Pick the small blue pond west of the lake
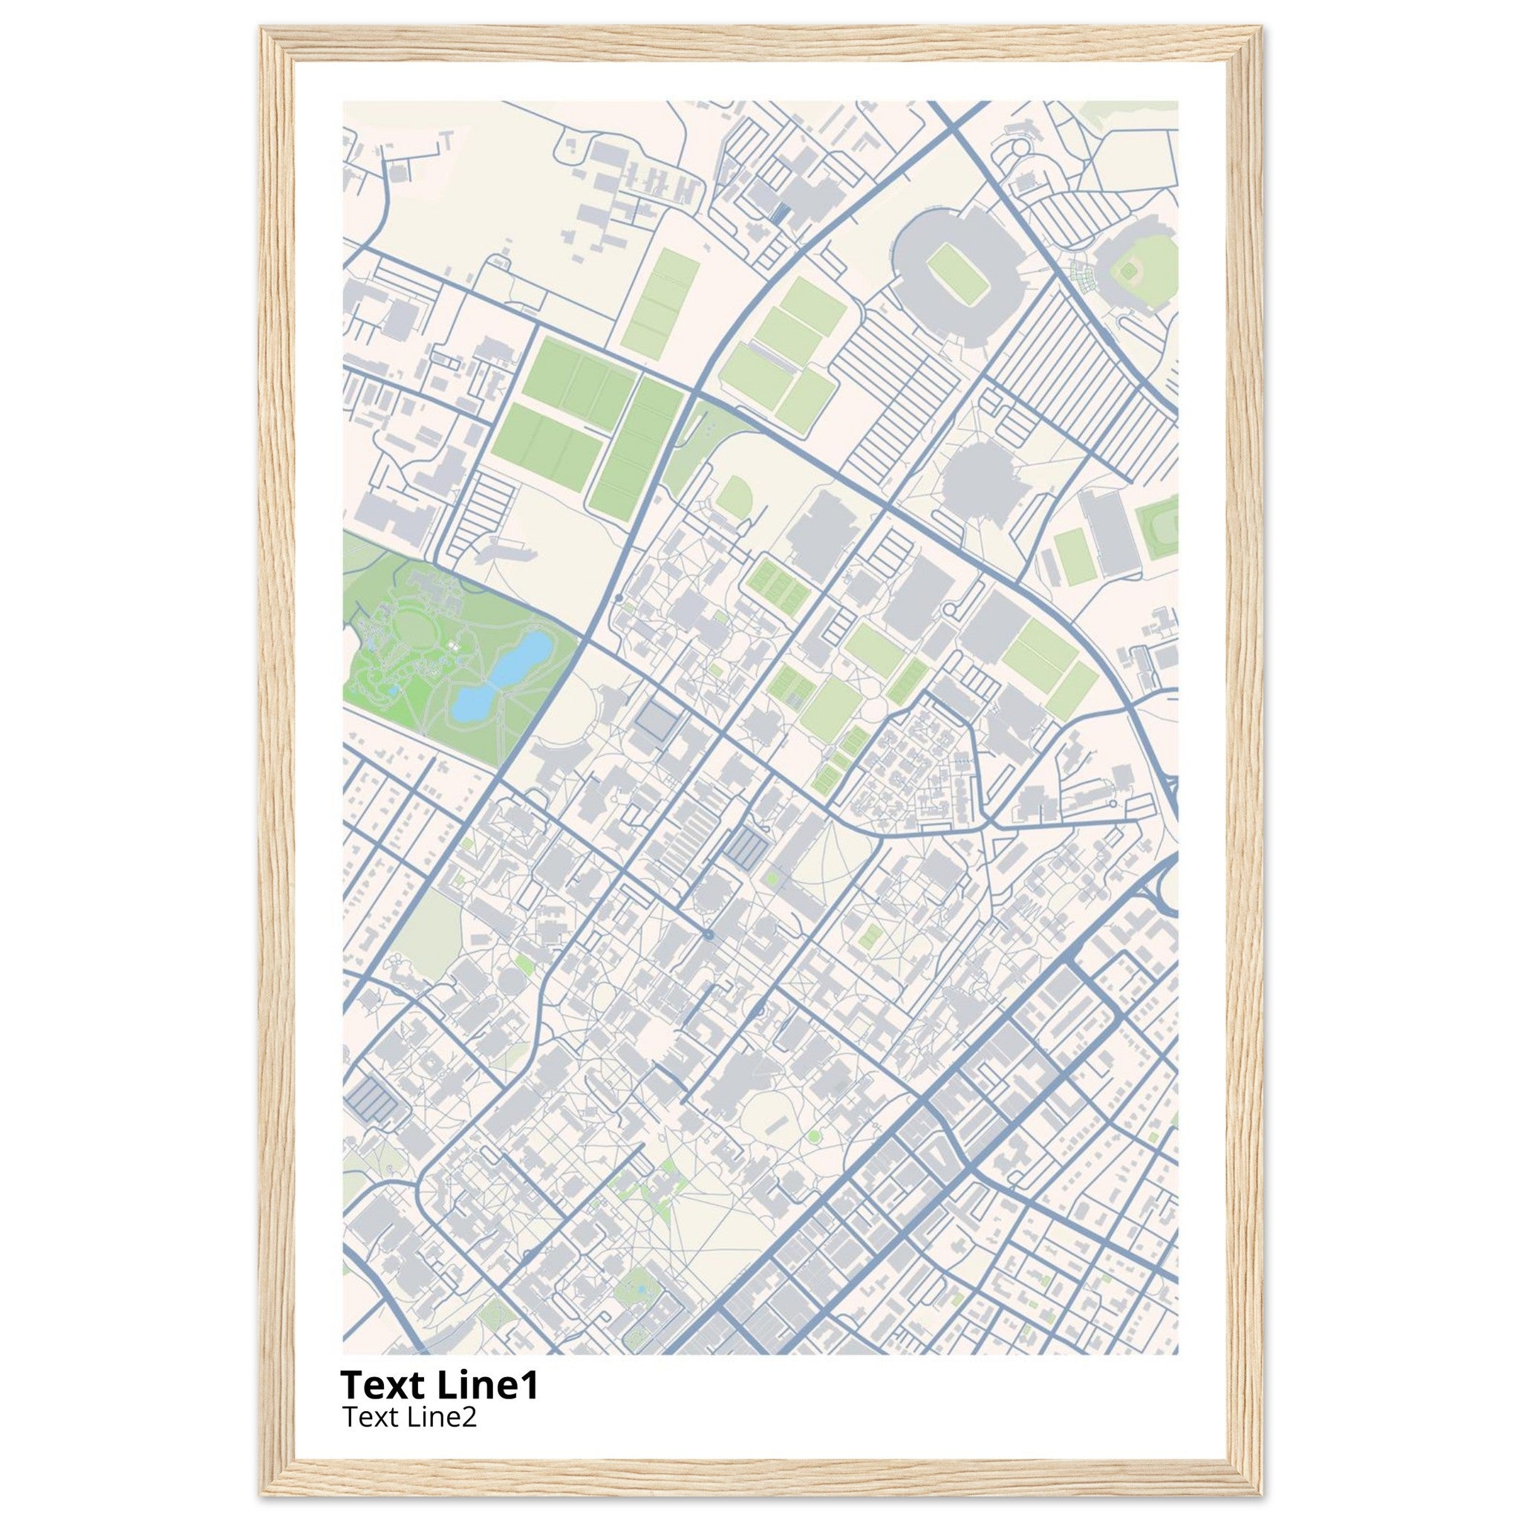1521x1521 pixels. (x=394, y=690)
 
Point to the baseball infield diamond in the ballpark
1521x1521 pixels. (x=1130, y=272)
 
